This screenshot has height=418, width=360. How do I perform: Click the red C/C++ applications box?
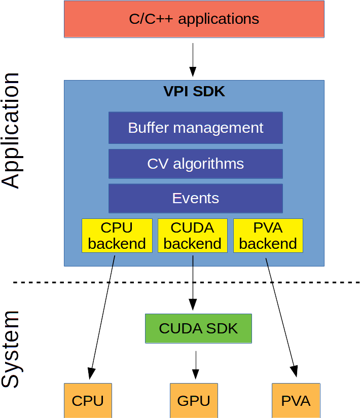[x=194, y=19]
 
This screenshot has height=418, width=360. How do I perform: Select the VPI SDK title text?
[x=194, y=92]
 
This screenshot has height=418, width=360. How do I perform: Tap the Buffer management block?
[x=195, y=128]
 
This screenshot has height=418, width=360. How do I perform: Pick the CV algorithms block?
[x=195, y=164]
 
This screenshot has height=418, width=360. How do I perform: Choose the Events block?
[x=195, y=198]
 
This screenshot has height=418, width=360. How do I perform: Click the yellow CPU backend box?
[x=117, y=236]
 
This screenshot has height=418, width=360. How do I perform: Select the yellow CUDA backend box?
[x=192, y=236]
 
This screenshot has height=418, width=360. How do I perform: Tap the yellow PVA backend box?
[x=268, y=236]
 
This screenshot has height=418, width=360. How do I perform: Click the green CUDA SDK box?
[x=198, y=328]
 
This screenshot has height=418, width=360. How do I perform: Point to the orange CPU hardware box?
[x=88, y=400]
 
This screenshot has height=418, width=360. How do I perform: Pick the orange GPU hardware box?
[x=194, y=400]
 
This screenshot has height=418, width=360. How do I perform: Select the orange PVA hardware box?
[x=296, y=400]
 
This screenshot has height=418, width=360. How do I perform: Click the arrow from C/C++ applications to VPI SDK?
[x=193, y=59]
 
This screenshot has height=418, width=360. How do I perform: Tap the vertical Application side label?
[x=11, y=131]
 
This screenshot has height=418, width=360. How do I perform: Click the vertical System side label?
[x=11, y=350]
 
